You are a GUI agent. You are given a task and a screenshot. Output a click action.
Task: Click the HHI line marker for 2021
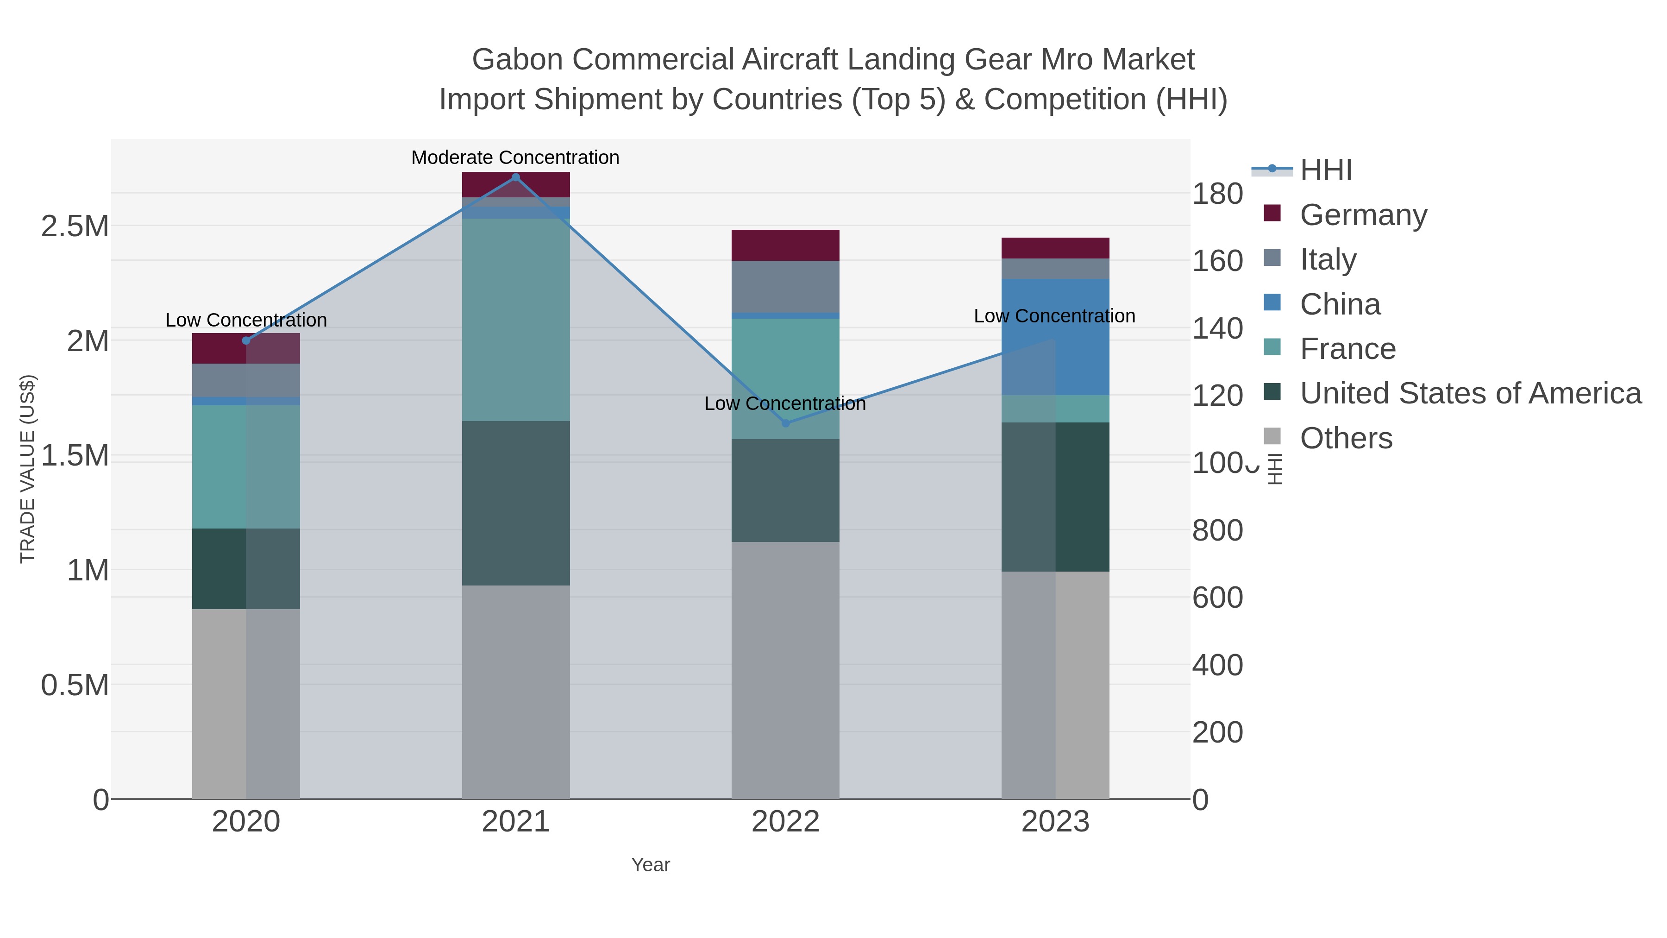[516, 177]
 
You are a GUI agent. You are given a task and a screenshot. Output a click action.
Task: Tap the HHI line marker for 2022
[786, 423]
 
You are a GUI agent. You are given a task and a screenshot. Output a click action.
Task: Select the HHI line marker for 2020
[246, 340]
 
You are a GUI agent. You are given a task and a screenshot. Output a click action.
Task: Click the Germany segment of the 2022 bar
[786, 246]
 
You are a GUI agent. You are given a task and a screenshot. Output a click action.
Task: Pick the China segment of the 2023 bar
[1055, 337]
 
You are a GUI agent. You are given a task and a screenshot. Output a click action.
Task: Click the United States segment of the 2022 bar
[786, 490]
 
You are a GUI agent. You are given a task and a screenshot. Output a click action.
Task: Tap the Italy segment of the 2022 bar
[786, 286]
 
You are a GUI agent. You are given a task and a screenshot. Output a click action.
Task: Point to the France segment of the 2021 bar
[516, 320]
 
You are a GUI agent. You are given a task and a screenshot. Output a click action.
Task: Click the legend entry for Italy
[1328, 259]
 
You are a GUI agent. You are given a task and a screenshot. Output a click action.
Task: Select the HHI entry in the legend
[1325, 170]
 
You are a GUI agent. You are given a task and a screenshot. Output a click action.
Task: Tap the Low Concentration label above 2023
[1054, 316]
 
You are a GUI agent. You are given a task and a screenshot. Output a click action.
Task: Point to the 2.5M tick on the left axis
[75, 227]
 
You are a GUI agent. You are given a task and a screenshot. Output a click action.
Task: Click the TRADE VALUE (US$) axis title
[28, 469]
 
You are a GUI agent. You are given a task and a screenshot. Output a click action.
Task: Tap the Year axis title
[651, 865]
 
